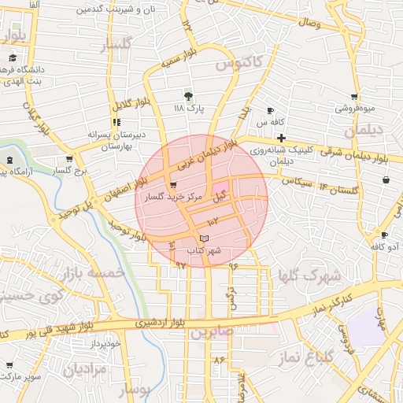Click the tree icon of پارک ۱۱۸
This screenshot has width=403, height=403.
[187, 94]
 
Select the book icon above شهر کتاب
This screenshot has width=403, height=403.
[205, 238]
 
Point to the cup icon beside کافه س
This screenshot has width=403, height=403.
[271, 110]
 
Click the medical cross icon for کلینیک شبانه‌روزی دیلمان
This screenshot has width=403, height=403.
[281, 138]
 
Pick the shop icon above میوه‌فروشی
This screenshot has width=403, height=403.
[352, 97]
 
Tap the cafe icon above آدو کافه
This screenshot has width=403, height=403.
[383, 235]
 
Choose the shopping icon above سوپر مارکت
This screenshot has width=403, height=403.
[9, 365]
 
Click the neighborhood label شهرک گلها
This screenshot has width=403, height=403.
[309, 276]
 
